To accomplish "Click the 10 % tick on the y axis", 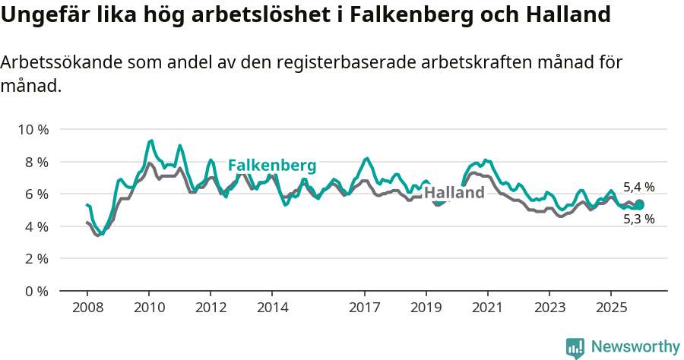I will (x=32, y=130).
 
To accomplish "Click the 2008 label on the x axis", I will (x=87, y=308).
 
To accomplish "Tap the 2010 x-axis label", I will (x=148, y=308).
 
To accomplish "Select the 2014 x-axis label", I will (x=272, y=308).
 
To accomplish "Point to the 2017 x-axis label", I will (x=365, y=308).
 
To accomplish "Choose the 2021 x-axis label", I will (x=487, y=308).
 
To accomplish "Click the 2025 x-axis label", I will (x=611, y=308).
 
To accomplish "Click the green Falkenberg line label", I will (x=272, y=166).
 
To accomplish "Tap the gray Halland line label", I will (x=454, y=193).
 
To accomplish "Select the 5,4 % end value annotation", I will (x=638, y=187).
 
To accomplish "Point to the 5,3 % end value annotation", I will (x=638, y=219).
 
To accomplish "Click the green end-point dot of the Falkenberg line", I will (x=639, y=204).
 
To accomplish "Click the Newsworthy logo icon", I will (x=575, y=347).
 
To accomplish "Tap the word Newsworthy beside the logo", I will (x=635, y=347).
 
